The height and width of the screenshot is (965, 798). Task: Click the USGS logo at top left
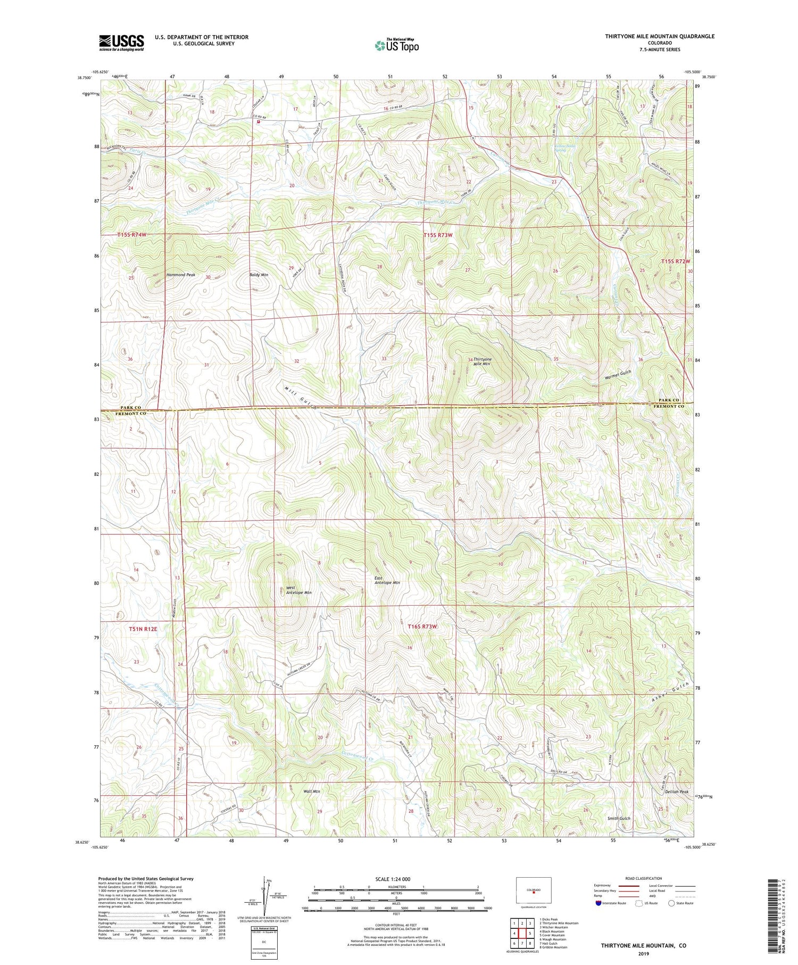pos(121,43)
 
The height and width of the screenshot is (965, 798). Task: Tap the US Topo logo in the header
pos(396,46)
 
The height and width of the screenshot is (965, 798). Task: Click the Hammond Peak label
pos(181,275)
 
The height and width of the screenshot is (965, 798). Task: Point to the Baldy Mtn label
pos(259,275)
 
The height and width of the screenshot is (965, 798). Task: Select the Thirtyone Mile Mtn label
pos(482,361)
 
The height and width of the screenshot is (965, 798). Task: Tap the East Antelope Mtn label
pos(387,580)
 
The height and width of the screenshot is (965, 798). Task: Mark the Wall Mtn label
pos(311,791)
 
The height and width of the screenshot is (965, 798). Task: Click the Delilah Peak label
pos(661,792)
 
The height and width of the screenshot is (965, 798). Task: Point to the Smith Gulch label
pos(619,818)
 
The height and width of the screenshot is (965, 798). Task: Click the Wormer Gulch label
pos(618,374)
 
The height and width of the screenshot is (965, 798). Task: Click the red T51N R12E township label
pos(143,629)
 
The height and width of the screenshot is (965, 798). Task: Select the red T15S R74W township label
pos(131,234)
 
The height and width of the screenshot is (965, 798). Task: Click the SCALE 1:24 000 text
pos(393,879)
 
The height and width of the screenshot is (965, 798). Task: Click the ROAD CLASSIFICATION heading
pos(643,878)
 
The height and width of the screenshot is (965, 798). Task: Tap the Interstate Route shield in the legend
pos(598,903)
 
